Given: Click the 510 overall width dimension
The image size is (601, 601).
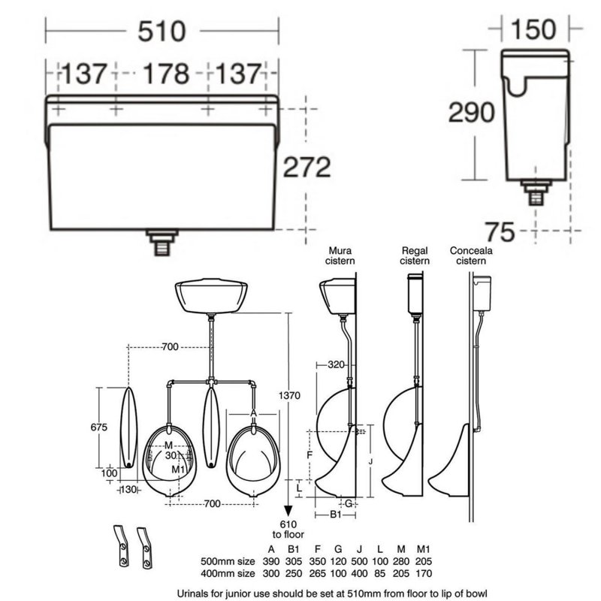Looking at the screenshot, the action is (162, 32).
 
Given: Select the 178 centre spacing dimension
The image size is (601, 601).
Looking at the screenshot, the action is (166, 74).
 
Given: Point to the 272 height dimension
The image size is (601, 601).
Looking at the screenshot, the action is (307, 167).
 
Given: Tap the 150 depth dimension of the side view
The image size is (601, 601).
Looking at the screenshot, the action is (533, 29).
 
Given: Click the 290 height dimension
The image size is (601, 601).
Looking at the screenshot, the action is (472, 112).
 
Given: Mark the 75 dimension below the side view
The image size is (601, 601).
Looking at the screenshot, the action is (500, 232).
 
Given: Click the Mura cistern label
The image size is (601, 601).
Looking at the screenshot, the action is (340, 255).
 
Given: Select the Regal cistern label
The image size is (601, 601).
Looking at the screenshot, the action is (415, 255).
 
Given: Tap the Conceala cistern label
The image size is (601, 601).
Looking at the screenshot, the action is (471, 255).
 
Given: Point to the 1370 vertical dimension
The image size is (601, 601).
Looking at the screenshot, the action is (289, 395).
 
